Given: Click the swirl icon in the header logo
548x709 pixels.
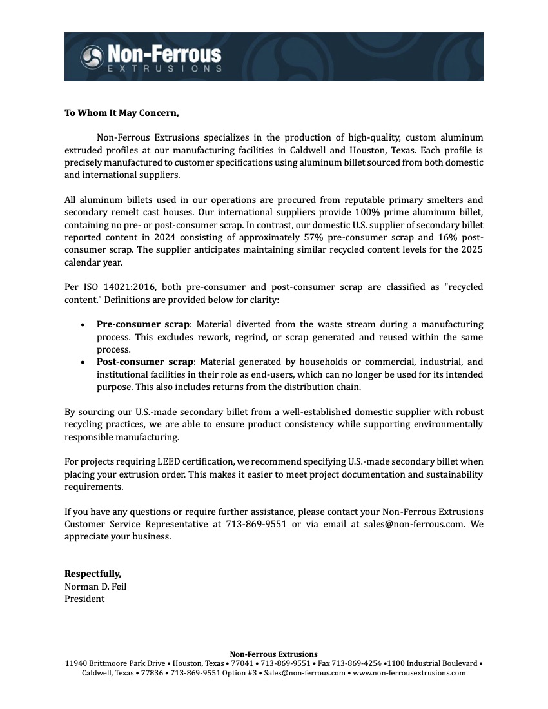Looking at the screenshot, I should tap(92, 57).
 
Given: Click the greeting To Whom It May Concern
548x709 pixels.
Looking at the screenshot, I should tap(121, 113).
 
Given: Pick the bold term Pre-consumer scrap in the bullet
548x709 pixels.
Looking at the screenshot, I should tap(143, 324).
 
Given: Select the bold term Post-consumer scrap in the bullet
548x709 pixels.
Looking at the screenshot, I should tap(145, 362).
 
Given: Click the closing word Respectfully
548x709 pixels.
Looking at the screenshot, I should tap(92, 574).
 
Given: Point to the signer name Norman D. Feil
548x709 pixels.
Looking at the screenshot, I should tap(95, 586).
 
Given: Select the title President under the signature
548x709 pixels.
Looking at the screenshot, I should tap(84, 598).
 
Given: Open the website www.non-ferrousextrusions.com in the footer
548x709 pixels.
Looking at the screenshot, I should tap(409, 673).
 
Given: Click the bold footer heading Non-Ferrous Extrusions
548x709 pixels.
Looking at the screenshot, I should tap(274, 654).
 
